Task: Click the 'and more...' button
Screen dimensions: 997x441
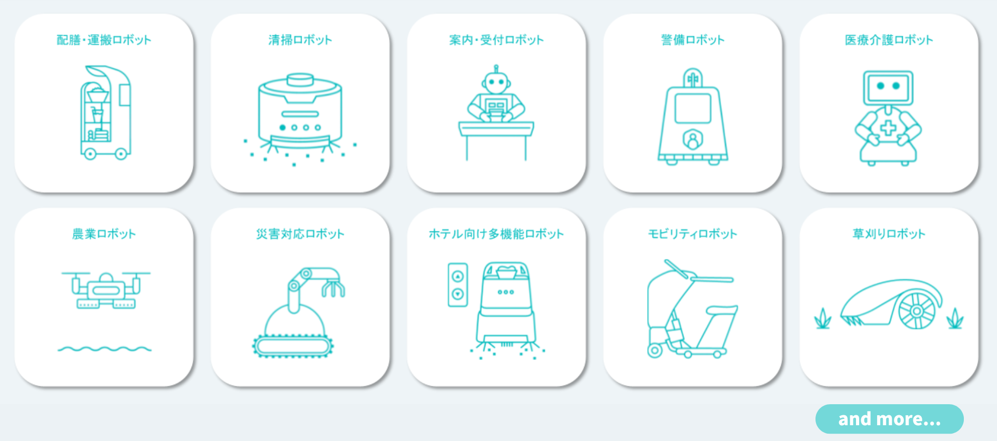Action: [889, 419]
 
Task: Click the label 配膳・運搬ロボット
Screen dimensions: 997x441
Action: [104, 40]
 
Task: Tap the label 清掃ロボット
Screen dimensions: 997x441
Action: [300, 40]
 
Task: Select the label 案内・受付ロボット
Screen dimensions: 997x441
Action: [496, 40]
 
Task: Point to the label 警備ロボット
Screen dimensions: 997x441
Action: [693, 40]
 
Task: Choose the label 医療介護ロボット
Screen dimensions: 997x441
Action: [889, 40]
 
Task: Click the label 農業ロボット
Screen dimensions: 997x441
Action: [104, 234]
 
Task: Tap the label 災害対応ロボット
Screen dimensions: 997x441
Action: [300, 234]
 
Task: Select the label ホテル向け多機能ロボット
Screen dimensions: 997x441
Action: [496, 234]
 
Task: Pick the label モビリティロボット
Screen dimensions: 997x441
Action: [693, 234]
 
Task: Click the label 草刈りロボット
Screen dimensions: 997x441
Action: [889, 234]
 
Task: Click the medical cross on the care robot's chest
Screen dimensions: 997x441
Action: [888, 128]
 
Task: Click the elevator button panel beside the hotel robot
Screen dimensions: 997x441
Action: [458, 285]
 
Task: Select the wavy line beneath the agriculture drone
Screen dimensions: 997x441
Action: [104, 348]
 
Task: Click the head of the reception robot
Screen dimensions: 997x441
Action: [496, 82]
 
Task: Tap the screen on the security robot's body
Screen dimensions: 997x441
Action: [693, 108]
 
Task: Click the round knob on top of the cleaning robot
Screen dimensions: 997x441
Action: [300, 79]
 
